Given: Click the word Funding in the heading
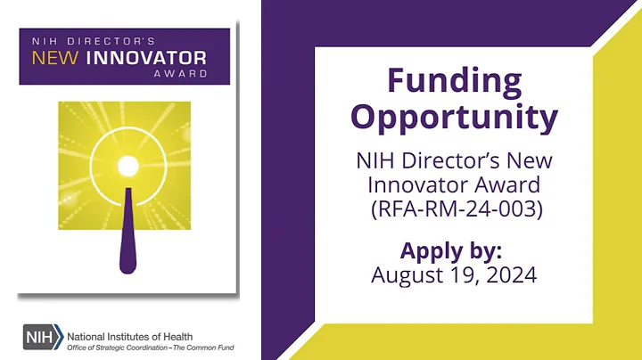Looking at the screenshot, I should [x=454, y=81].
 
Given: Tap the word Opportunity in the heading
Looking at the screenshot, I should [x=454, y=117].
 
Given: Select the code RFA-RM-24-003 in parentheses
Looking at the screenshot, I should [x=454, y=211].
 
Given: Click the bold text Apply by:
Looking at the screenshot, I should [x=454, y=250].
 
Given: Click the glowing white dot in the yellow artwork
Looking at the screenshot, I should [x=128, y=166].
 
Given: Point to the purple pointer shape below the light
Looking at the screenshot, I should [x=128, y=232].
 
